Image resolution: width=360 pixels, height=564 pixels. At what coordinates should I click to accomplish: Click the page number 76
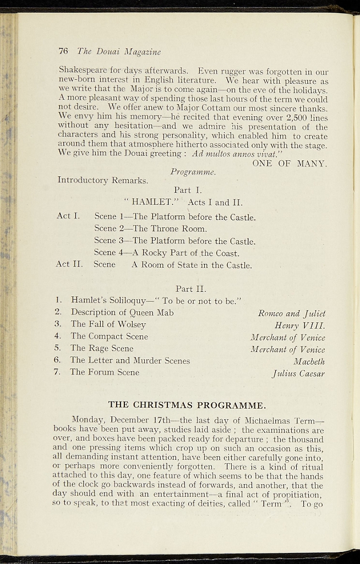click(x=63, y=51)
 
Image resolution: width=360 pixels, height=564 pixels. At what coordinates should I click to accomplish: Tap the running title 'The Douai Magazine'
click(x=119, y=52)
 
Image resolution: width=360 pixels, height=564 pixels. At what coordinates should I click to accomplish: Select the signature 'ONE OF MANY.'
click(x=290, y=163)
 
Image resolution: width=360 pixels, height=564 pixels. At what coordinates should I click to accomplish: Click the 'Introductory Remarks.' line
click(x=102, y=180)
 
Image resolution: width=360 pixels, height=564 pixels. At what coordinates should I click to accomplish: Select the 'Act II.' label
click(x=69, y=264)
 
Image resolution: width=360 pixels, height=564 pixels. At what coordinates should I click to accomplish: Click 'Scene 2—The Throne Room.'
click(x=150, y=229)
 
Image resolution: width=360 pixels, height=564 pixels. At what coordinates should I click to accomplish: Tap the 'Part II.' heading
click(x=190, y=289)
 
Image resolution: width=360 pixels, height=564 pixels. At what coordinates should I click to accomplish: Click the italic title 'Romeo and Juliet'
click(x=292, y=313)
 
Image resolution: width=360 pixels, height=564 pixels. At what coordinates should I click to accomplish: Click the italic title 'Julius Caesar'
click(x=298, y=373)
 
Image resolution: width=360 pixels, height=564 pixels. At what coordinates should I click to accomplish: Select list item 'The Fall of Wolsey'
click(x=108, y=324)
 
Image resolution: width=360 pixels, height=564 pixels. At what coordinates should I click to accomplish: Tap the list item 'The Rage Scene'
click(x=101, y=348)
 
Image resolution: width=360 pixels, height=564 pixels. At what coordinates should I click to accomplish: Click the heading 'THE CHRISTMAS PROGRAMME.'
click(x=187, y=405)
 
